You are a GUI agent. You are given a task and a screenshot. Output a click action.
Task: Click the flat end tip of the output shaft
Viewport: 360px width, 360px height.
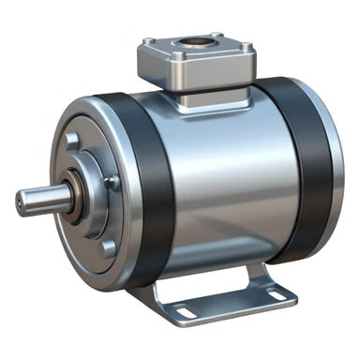[23, 202]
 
